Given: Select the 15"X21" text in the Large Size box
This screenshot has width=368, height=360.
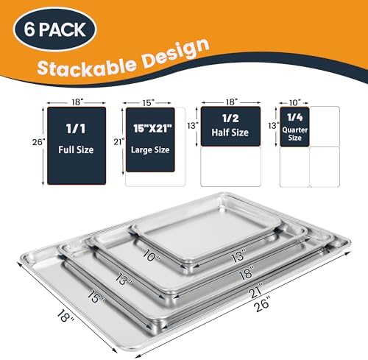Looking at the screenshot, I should pyautogui.click(x=150, y=127).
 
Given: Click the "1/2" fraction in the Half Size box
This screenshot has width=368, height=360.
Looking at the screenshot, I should pyautogui.click(x=230, y=116).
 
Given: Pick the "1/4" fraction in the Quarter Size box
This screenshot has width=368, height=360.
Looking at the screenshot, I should pyautogui.click(x=294, y=116).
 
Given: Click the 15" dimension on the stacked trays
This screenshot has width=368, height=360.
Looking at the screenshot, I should pyautogui.click(x=91, y=296).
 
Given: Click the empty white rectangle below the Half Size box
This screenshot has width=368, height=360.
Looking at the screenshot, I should pyautogui.click(x=230, y=167).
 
